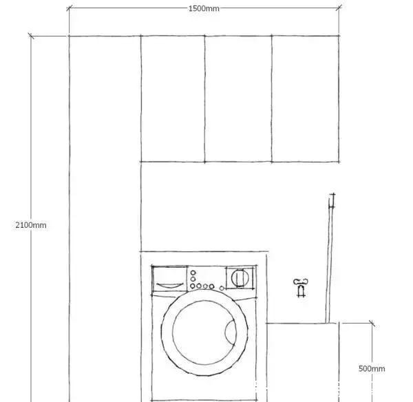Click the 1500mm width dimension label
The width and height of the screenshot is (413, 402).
[204, 8]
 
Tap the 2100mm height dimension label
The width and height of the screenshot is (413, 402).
[31, 225]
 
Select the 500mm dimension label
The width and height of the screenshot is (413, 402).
[372, 368]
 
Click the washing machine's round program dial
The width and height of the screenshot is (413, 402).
[240, 277]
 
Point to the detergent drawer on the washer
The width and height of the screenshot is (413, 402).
[169, 279]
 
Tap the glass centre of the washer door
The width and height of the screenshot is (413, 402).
[204, 332]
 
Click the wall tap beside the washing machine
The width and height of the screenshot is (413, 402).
[301, 288]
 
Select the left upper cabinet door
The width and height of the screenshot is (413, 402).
[173, 98]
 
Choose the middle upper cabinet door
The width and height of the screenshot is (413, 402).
[238, 98]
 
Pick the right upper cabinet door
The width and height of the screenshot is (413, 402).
[305, 98]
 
